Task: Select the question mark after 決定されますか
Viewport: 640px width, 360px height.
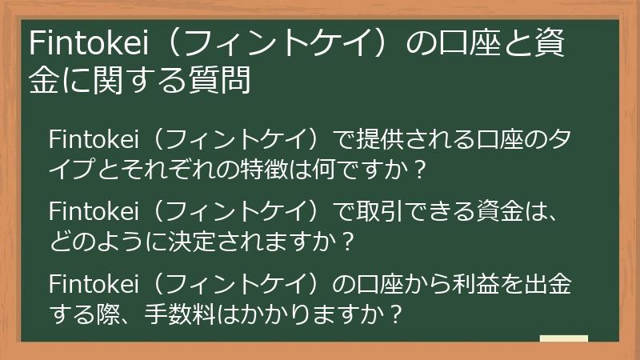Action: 346,242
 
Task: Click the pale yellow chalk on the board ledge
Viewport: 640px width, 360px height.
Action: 563,339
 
